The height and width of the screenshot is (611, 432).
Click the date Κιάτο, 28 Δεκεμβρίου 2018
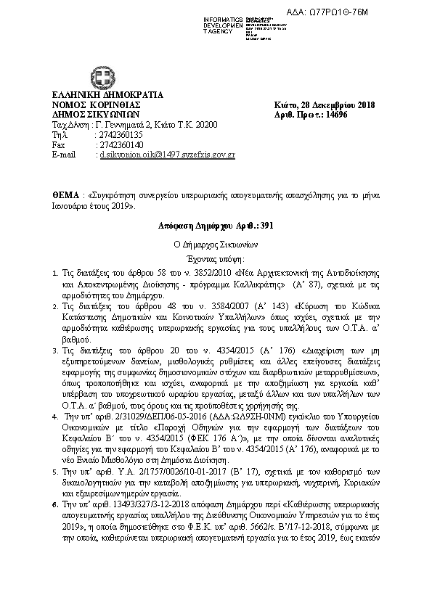[324, 105]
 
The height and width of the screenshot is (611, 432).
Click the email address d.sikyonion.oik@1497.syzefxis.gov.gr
[167, 155]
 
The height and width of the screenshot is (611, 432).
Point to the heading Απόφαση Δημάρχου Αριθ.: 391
[216, 227]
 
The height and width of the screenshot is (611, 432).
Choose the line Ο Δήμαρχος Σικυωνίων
[216, 244]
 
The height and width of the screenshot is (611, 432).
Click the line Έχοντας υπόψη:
[216, 259]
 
